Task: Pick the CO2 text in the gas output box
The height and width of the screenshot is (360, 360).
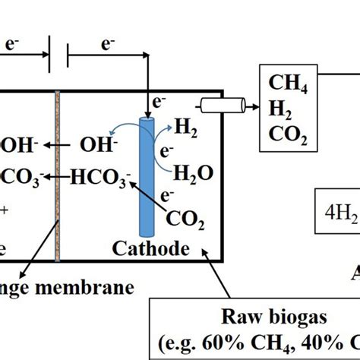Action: click(x=283, y=139)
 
